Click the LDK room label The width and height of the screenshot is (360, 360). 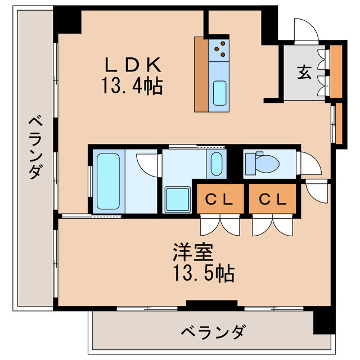tap(132, 65)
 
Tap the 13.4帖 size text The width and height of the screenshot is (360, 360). tap(132, 87)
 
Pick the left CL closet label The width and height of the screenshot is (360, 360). tap(220, 199)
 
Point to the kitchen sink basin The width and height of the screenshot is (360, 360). tap(219, 93)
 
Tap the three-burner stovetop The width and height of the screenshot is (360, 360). tap(219, 51)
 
